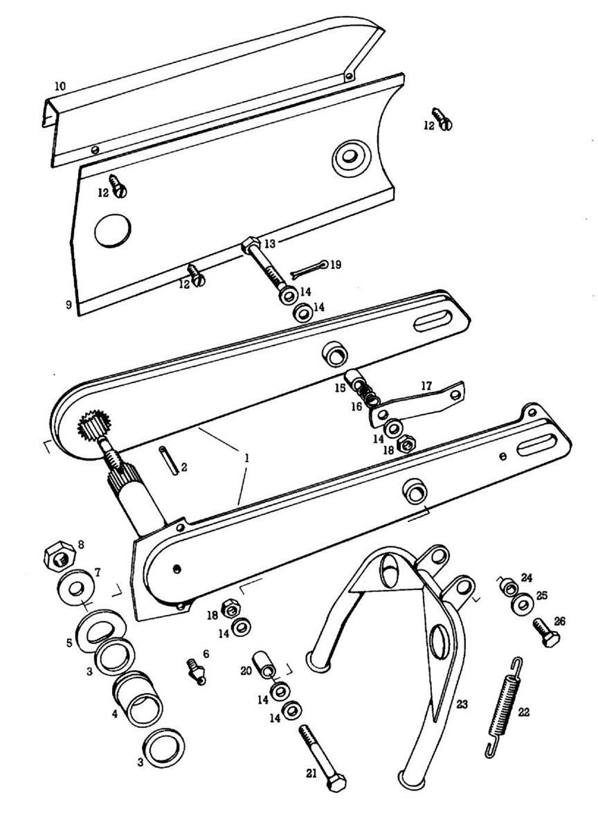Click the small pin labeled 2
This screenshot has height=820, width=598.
point(171,460)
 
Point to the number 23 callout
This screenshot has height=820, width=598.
point(462,704)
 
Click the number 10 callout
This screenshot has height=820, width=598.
point(60,87)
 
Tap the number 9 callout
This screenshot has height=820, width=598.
point(69,304)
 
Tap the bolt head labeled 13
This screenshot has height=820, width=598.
point(251,244)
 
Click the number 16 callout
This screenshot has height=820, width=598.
point(356,407)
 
